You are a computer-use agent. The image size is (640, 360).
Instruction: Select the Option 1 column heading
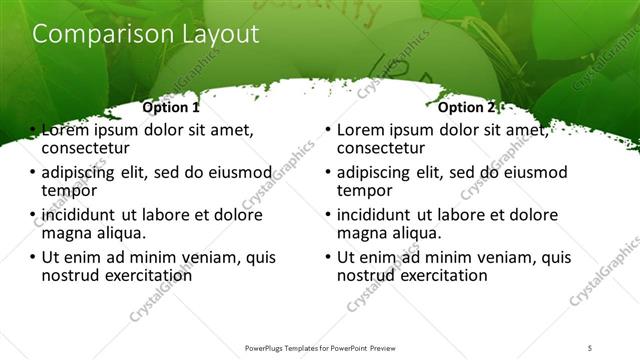[x=171, y=107]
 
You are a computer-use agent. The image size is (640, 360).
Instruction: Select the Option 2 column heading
[x=466, y=107]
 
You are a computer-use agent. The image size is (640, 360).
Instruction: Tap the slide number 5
[x=590, y=347]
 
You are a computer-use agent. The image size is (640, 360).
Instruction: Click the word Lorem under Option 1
[x=67, y=130]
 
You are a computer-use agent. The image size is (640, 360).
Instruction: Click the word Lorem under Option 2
[x=361, y=130]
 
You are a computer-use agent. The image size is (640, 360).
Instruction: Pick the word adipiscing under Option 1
[x=82, y=172]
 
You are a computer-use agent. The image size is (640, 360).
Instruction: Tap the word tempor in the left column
[x=69, y=191]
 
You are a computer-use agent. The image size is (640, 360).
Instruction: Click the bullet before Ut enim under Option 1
[x=34, y=256]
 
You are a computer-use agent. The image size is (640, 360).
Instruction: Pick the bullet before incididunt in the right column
[x=329, y=214]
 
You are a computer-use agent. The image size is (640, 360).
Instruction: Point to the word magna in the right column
[x=363, y=233]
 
